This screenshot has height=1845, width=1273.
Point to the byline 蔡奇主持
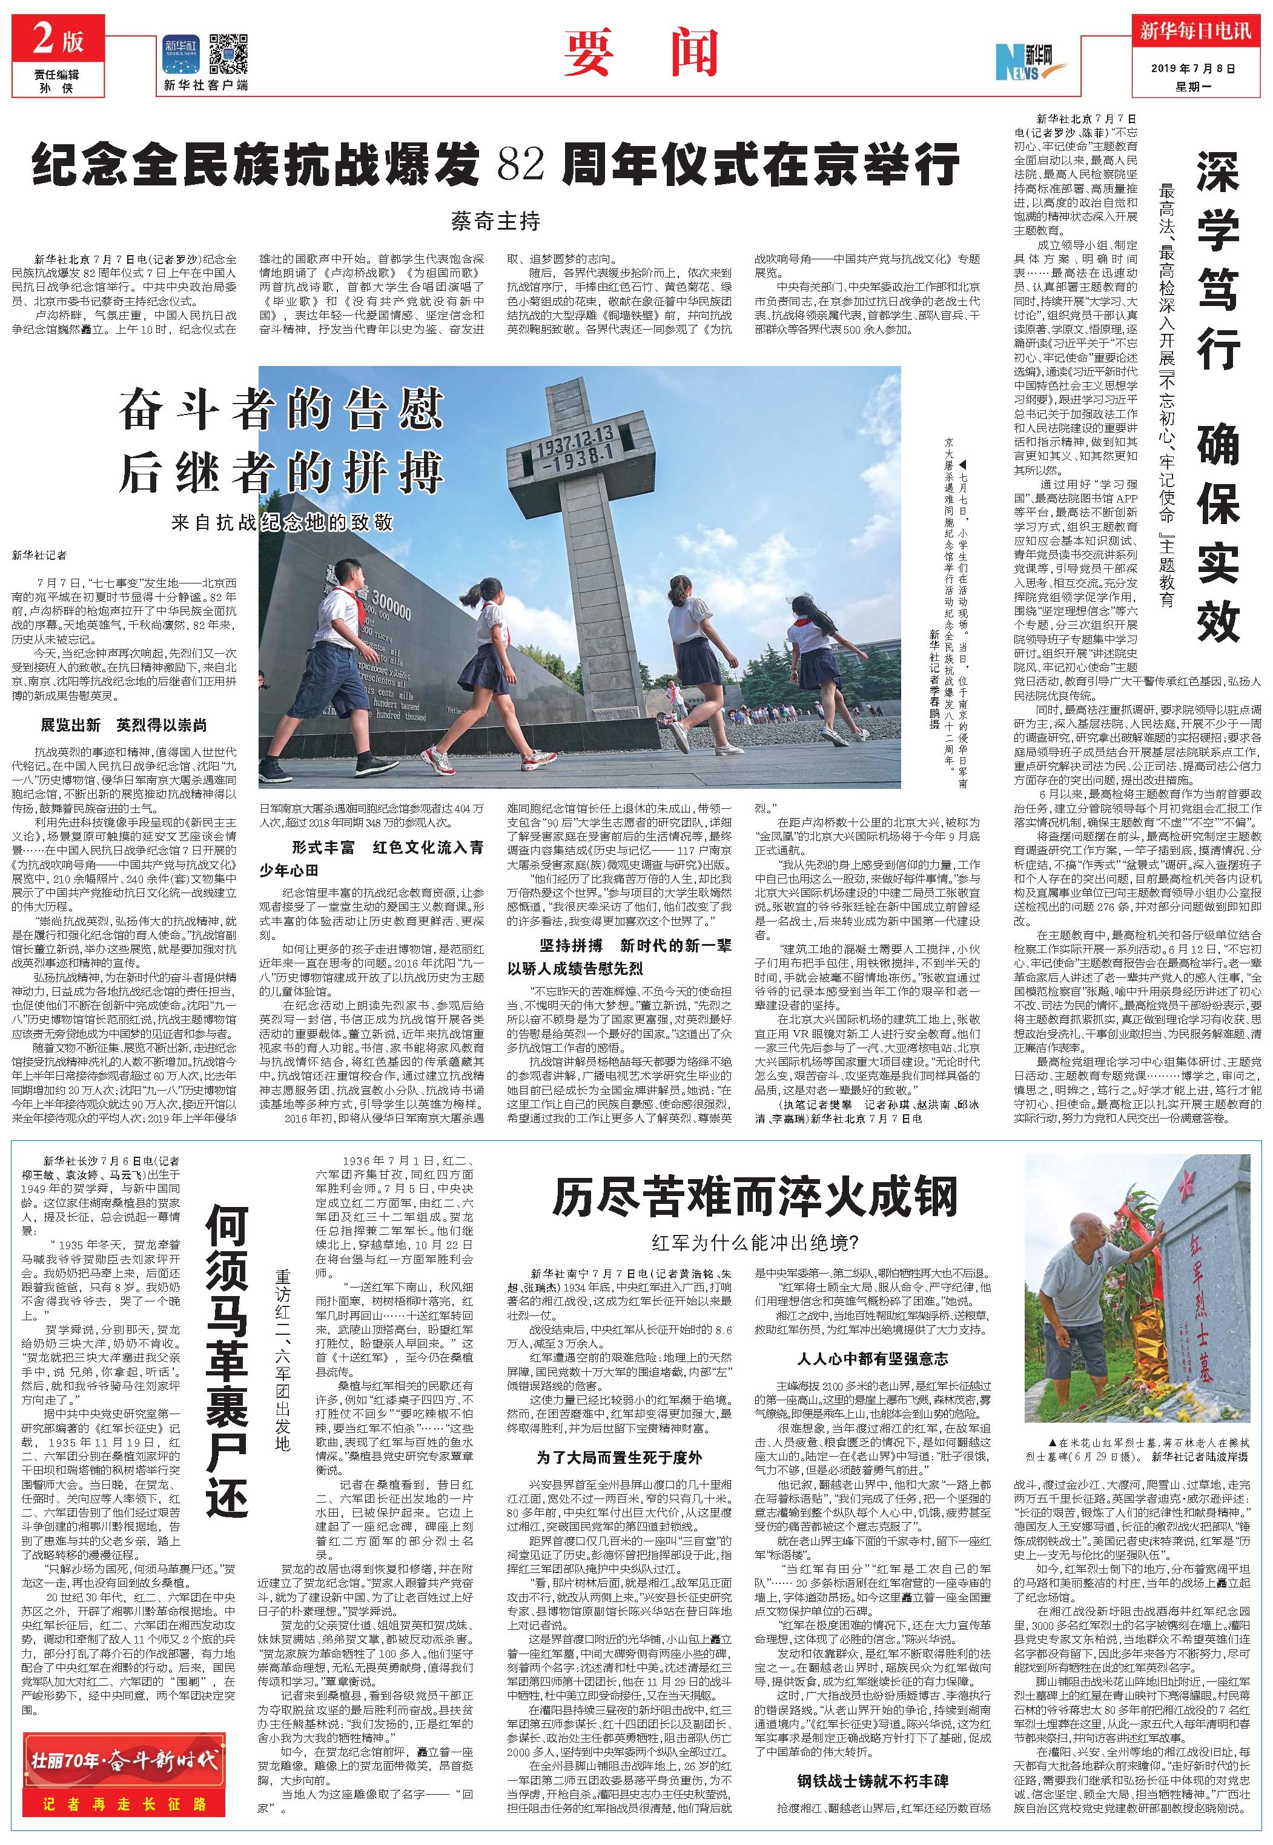coord(495,221)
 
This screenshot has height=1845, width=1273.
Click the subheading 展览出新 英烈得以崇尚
coord(124,725)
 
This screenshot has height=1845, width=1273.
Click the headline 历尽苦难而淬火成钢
coord(754,1198)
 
